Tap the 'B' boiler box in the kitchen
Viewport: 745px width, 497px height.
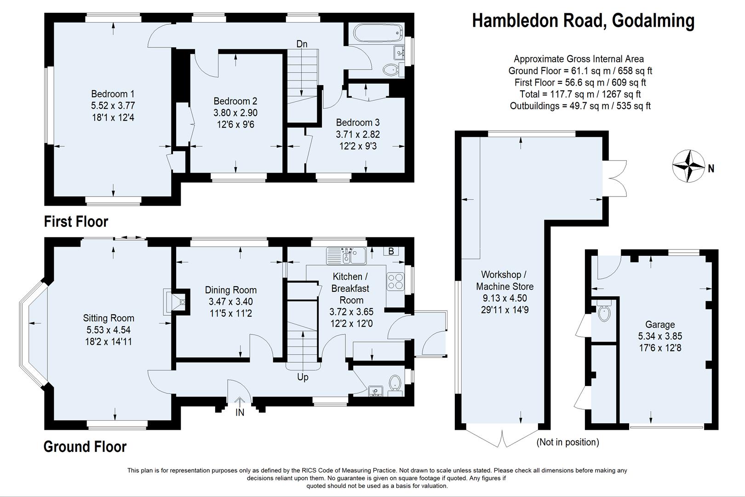pos(391,251)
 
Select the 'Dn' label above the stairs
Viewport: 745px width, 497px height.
pos(302,44)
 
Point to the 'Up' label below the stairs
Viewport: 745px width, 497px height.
pos(303,377)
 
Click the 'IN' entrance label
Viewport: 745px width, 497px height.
pos(240,413)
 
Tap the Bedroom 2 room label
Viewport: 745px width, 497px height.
pos(235,101)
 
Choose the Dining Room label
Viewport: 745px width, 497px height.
pos(231,290)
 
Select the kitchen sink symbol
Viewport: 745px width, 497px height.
pos(346,256)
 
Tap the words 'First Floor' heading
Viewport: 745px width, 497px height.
pos(76,222)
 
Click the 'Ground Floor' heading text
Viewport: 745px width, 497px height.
pos(85,446)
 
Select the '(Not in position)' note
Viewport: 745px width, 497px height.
pos(567,442)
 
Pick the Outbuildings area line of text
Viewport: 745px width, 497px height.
pos(580,106)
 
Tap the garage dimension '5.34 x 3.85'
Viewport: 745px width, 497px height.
pos(660,336)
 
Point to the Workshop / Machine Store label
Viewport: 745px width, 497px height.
pos(504,280)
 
